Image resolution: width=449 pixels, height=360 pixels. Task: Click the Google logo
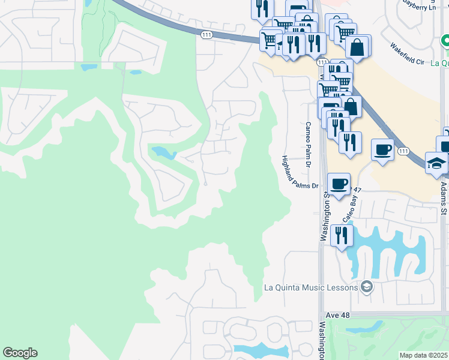[20, 353]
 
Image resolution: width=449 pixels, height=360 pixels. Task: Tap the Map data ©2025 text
[424, 355]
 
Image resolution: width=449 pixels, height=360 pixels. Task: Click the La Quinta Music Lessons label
[312, 287]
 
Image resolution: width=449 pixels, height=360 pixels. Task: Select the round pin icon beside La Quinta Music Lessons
[366, 287]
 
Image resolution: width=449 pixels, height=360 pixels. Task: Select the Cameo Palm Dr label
[307, 145]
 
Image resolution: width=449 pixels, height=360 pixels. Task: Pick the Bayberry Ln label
[418, 6]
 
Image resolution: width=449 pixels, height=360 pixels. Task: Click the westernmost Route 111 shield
[206, 35]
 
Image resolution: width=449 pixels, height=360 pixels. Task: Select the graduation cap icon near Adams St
[436, 163]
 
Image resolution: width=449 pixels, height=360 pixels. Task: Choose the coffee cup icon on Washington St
[339, 183]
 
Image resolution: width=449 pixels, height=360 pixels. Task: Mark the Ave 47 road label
[355, 190]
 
